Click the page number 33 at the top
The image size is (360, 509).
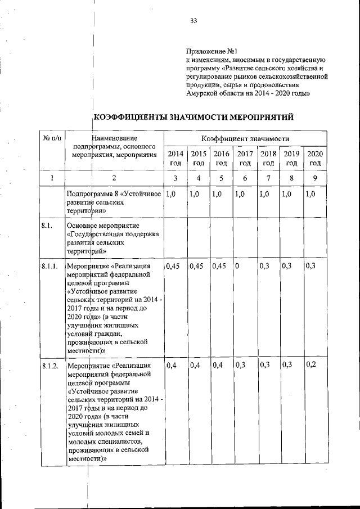pyautogui.click(x=193, y=21)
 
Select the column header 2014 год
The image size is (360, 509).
pyautogui.click(x=175, y=158)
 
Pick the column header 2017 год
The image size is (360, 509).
pyautogui.click(x=245, y=158)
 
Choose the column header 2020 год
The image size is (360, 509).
pyautogui.click(x=314, y=158)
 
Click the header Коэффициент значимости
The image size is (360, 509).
pyautogui.click(x=245, y=138)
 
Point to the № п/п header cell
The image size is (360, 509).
pyautogui.click(x=52, y=138)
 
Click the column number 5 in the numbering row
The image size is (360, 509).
pyautogui.click(x=221, y=179)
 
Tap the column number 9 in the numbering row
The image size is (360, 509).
pyautogui.click(x=314, y=179)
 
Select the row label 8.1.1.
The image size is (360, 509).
pyautogui.click(x=51, y=266)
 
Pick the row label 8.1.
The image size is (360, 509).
pyautogui.click(x=47, y=226)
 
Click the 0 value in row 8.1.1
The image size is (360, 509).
pyautogui.click(x=238, y=266)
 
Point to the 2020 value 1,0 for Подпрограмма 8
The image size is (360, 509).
pyautogui.click(x=310, y=194)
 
